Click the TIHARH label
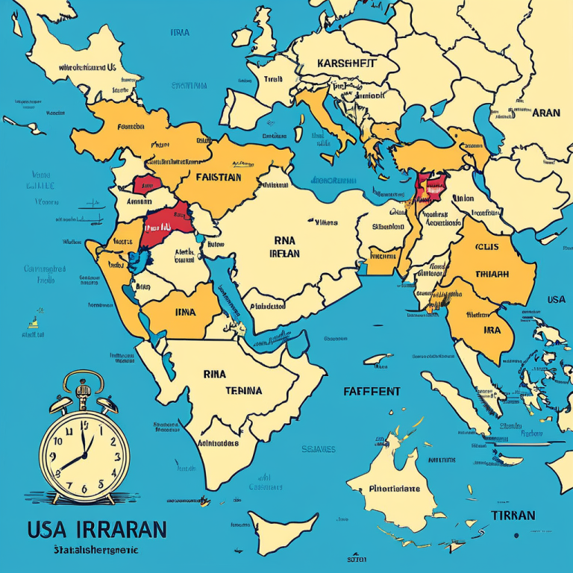click(492, 274)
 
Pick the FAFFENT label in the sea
click(372, 392)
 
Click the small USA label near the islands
click(556, 300)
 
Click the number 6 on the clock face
click(84, 488)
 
